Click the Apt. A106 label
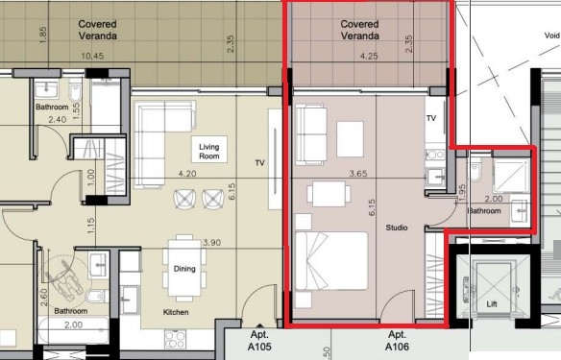click(397, 341)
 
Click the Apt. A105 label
click(259, 341)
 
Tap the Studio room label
click(397, 228)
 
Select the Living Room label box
click(209, 150)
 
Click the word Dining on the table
click(184, 269)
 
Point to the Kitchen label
click(176, 312)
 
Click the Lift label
click(492, 304)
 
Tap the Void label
click(551, 36)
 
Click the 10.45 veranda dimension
click(92, 56)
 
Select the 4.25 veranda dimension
click(369, 56)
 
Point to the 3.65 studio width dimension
click(358, 174)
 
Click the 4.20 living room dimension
click(187, 174)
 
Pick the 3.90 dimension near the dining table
click(211, 243)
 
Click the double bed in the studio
click(331, 260)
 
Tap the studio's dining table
click(329, 194)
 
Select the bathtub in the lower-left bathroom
click(73, 330)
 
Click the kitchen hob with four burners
click(175, 339)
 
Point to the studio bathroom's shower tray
click(511, 175)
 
